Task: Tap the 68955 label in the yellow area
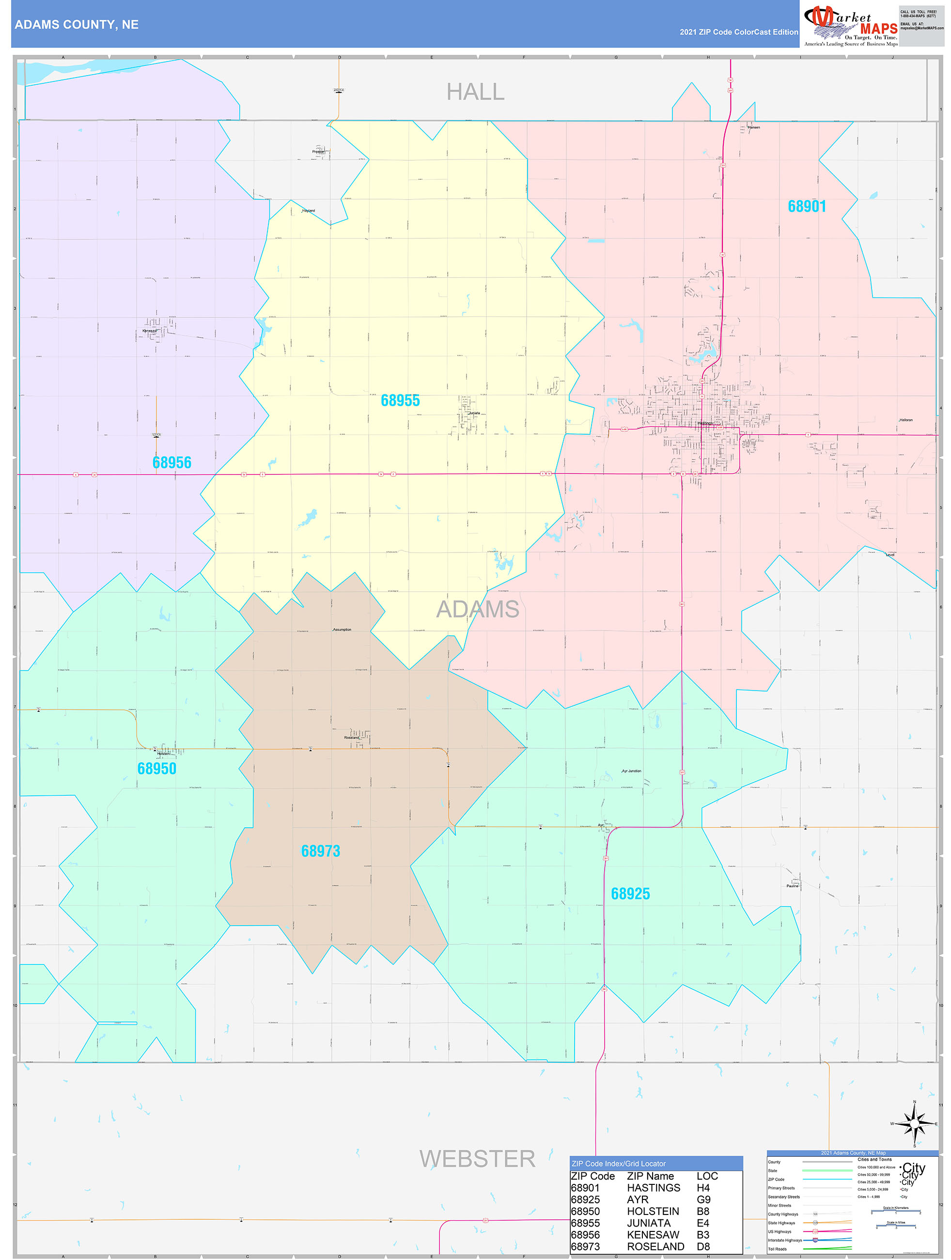tap(400, 400)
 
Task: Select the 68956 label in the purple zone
tap(171, 462)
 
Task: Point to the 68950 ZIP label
tap(156, 769)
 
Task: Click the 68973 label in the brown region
tap(320, 851)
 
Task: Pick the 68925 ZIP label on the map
tap(630, 894)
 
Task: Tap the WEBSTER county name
tap(477, 1158)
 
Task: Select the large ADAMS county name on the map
tap(477, 609)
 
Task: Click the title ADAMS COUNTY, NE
tap(77, 25)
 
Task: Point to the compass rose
tap(914, 1124)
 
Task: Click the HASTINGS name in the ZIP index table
tap(653, 1188)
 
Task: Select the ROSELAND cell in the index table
tap(655, 1246)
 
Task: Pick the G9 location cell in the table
tap(703, 1199)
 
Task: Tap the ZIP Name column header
tap(650, 1176)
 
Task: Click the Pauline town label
tap(792, 886)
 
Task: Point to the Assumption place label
tap(342, 630)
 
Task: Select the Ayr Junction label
tap(631, 771)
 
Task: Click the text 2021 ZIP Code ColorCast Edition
tap(739, 32)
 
